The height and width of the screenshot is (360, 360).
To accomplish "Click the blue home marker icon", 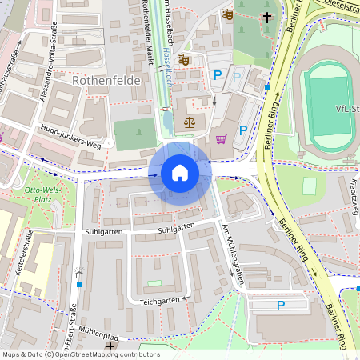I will point(179,172).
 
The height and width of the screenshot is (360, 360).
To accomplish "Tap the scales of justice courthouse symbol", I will point(190,122).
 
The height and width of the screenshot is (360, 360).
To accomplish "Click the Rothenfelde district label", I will point(106,81).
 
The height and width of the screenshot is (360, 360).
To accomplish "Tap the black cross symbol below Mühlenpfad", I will point(110,346).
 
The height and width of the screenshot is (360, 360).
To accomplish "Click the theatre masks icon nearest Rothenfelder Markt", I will point(183,58).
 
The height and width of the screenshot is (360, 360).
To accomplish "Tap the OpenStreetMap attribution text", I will point(81,354).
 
